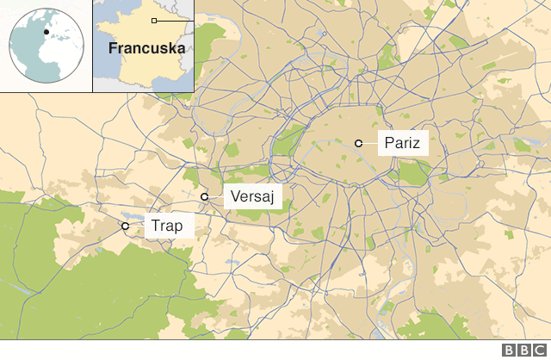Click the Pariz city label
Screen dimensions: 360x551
coord(403,143)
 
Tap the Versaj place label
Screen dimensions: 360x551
coord(252,197)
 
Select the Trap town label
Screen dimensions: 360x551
coord(166,226)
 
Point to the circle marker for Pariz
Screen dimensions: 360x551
coord(358,143)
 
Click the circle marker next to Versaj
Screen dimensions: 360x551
coord(205,197)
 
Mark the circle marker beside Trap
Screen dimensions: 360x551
coord(125,226)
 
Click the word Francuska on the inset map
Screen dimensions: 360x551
coord(146,48)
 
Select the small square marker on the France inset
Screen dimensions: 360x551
coord(153,20)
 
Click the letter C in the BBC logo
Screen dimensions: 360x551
coord(538,351)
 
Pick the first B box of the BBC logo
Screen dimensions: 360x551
coord(509,351)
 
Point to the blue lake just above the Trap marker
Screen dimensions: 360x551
coord(129,216)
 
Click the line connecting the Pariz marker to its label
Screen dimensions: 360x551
coord(369,143)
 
